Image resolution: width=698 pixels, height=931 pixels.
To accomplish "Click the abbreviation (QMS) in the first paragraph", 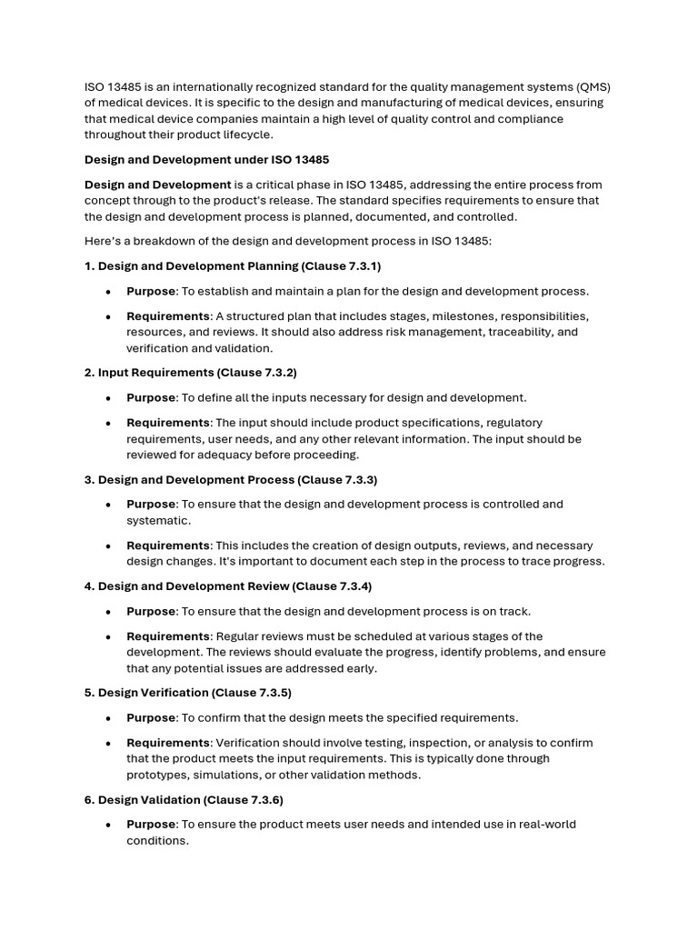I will [593, 87].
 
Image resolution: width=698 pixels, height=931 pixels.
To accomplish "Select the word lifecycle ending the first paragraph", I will [232, 135].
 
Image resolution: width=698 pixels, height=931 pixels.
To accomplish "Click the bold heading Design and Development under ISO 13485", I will [206, 159].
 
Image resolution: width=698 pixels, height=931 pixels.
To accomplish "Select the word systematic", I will [158, 520].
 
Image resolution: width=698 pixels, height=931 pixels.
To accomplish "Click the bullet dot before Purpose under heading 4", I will [109, 611].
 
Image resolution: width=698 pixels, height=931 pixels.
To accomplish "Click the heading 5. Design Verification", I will [150, 693].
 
